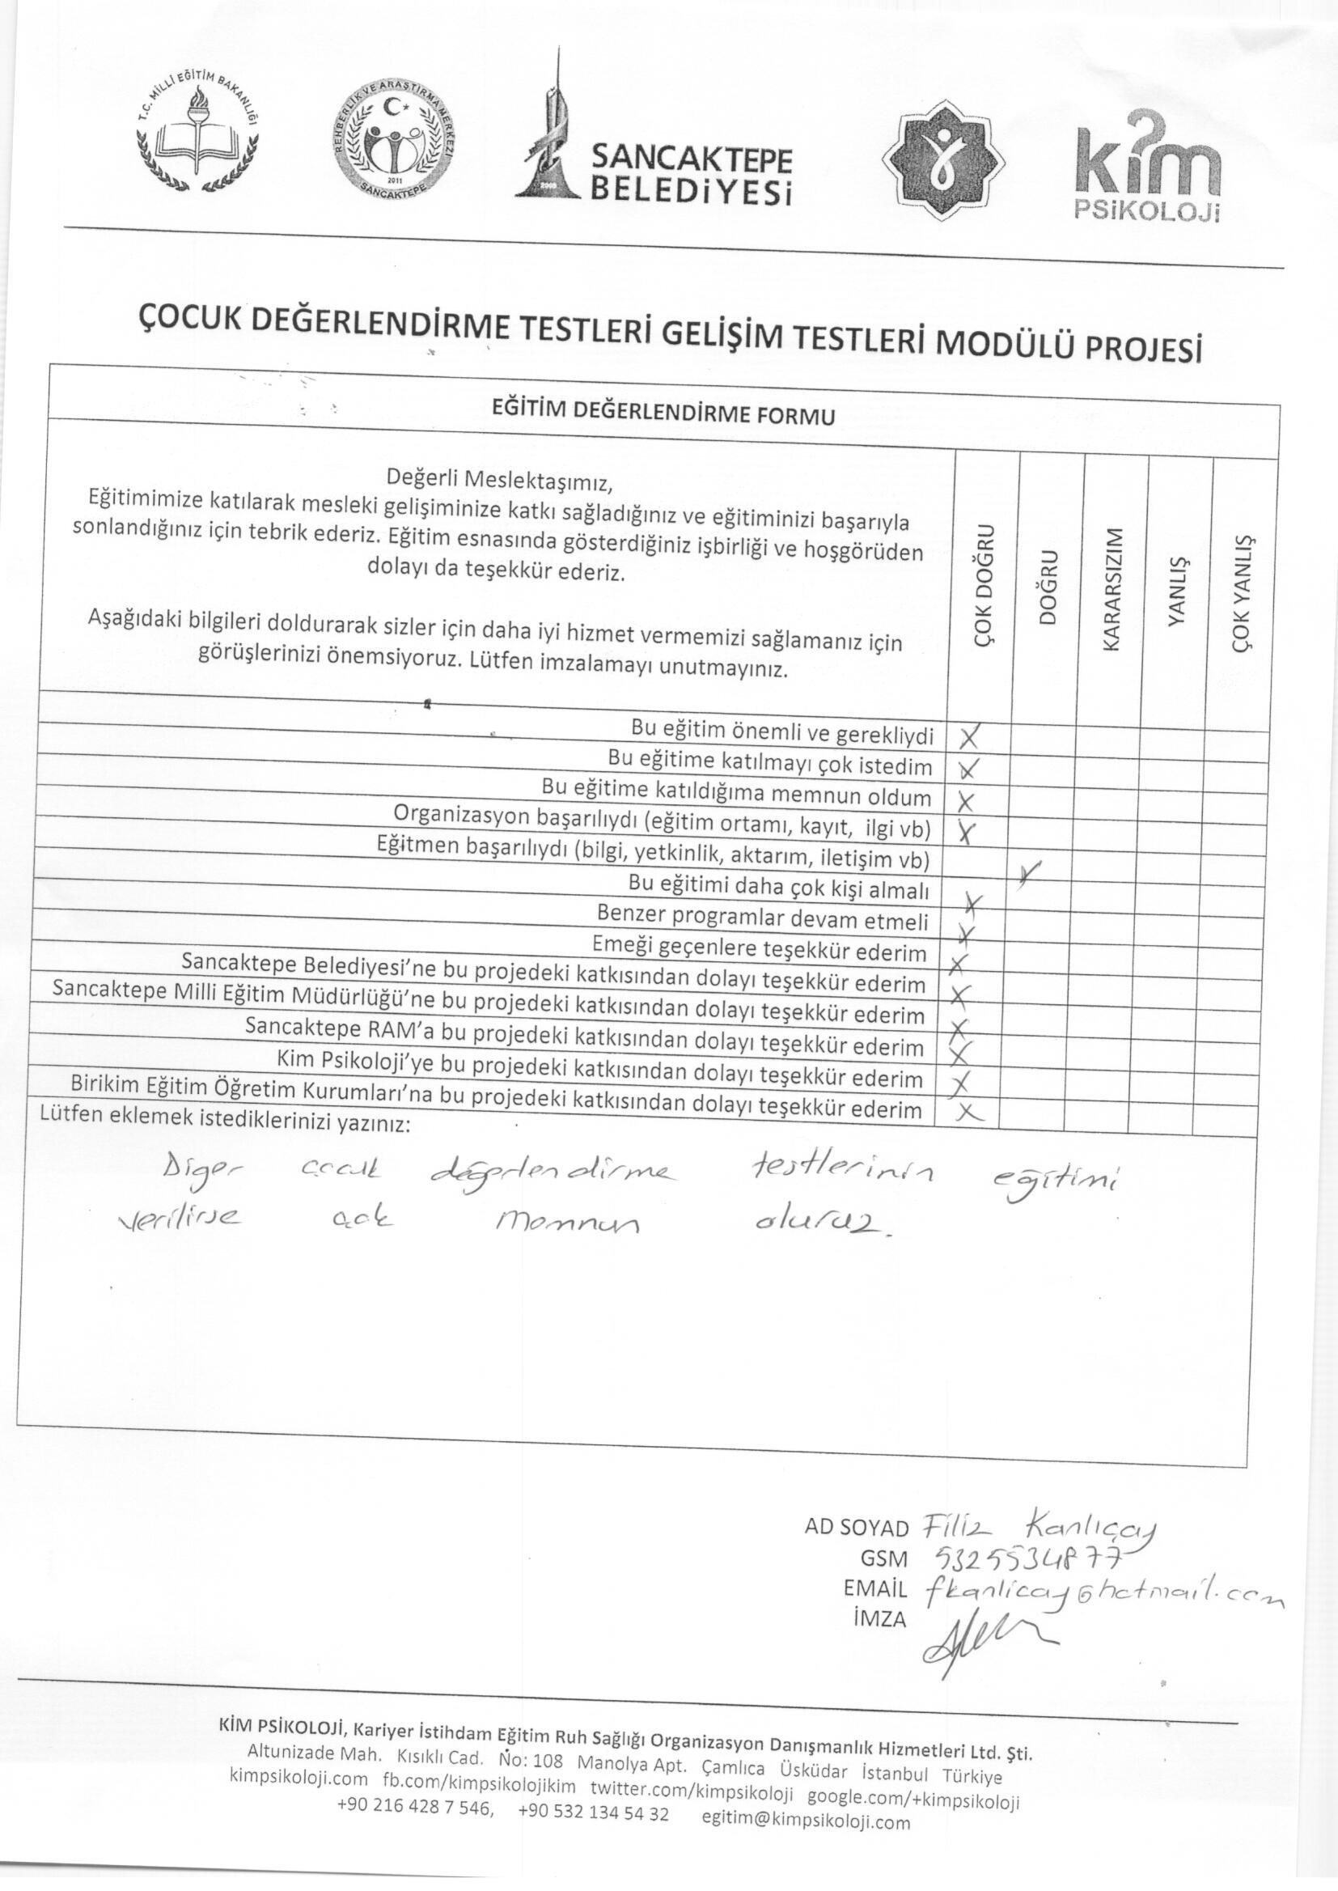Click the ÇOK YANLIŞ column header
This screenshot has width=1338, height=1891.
[1243, 592]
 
